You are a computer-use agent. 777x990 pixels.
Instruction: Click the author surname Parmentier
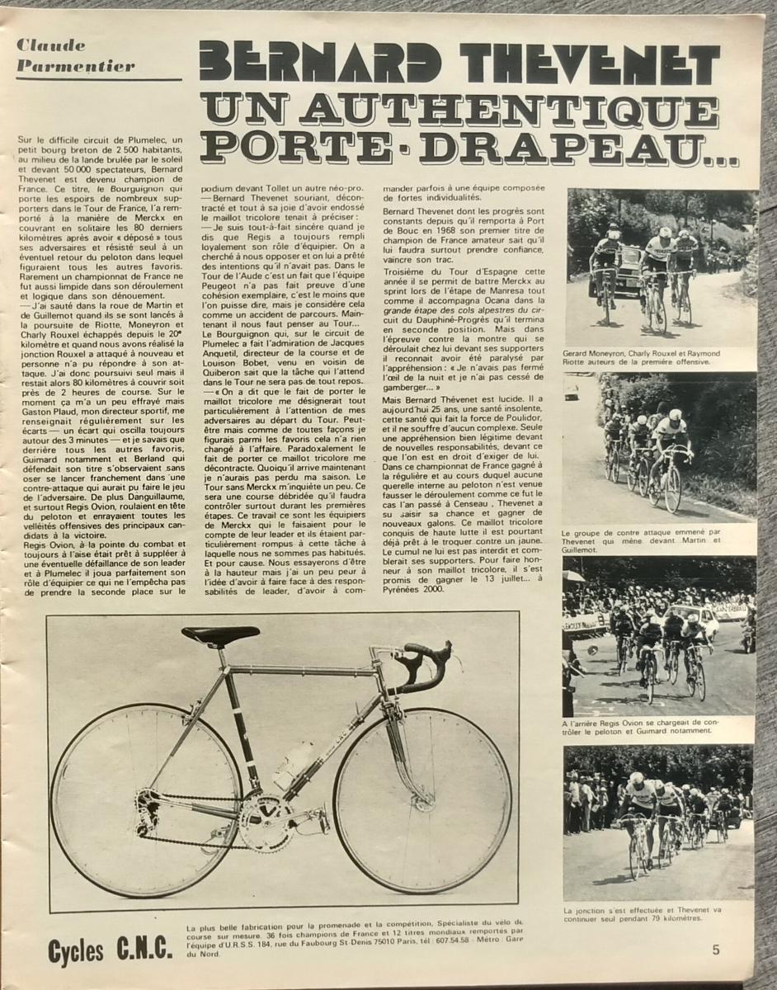(63, 65)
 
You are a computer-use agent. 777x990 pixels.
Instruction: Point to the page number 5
(716, 949)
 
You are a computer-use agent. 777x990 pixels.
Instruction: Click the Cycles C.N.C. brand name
(110, 950)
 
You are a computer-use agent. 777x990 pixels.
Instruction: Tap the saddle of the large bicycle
(219, 635)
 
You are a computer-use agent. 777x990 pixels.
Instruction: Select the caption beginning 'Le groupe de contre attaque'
(657, 540)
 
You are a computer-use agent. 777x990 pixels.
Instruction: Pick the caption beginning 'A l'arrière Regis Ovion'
(657, 725)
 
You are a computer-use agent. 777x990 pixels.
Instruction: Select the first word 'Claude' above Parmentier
(49, 45)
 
